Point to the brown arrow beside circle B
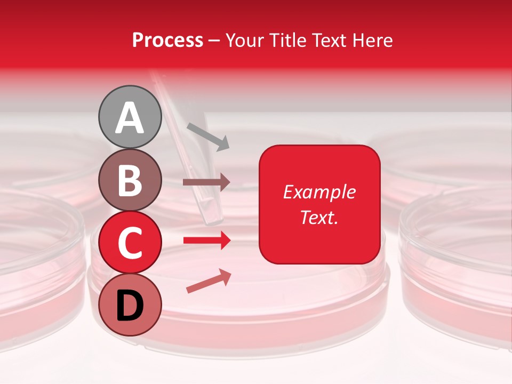(x=206, y=182)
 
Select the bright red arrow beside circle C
(x=206, y=241)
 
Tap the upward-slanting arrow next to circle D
(x=209, y=282)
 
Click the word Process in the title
(x=167, y=40)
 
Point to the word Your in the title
(x=245, y=40)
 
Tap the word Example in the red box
(x=319, y=192)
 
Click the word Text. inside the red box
(x=319, y=217)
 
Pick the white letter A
(x=130, y=118)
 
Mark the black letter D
(x=130, y=306)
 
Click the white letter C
(x=130, y=243)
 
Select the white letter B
(x=130, y=180)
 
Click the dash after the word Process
(x=214, y=41)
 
